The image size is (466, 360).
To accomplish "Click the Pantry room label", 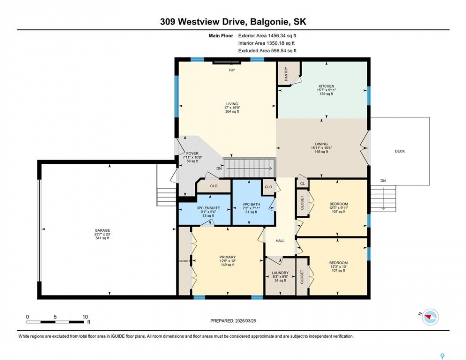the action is pyautogui.click(x=286, y=74).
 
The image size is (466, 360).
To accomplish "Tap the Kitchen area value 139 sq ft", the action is pyautogui.click(x=326, y=94).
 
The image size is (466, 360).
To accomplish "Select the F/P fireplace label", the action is pyautogui.click(x=232, y=70).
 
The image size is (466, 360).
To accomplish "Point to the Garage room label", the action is pyautogui.click(x=102, y=230).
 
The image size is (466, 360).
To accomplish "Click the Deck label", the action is pyautogui.click(x=400, y=151).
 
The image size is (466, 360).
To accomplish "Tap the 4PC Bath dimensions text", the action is pyautogui.click(x=251, y=208).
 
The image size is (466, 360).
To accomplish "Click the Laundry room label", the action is pyautogui.click(x=280, y=273).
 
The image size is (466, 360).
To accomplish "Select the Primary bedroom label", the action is pyautogui.click(x=228, y=257).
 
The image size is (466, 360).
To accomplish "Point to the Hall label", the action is pyautogui.click(x=280, y=241).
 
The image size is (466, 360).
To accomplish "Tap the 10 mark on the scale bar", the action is pyautogui.click(x=85, y=317).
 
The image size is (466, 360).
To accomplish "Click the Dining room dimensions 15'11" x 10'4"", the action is pyautogui.click(x=321, y=148).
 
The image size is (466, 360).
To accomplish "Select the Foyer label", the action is pyautogui.click(x=192, y=153).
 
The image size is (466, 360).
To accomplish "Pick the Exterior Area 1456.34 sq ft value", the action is pyautogui.click(x=267, y=36).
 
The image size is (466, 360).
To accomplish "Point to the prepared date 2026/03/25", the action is pyautogui.click(x=245, y=321).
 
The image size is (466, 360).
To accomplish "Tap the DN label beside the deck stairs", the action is pyautogui.click(x=383, y=181).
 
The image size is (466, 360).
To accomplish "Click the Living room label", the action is pyautogui.click(x=232, y=104).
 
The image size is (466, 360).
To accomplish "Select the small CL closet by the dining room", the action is pyautogui.click(x=302, y=184).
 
